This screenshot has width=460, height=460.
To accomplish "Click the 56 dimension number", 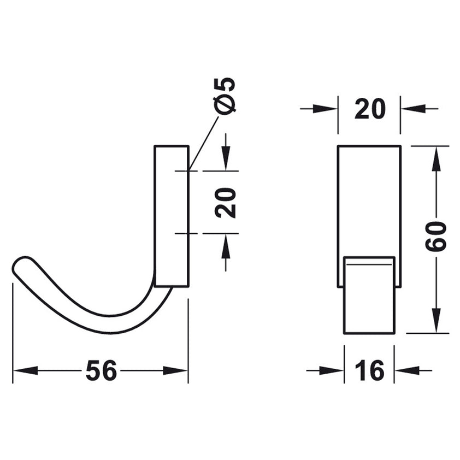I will [101, 371].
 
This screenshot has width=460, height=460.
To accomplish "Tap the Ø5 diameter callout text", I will [226, 95].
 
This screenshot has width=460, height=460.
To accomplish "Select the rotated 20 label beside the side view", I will [226, 202].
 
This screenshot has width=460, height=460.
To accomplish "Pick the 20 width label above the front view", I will [370, 109].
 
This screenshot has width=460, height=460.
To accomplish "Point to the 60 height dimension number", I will [436, 236].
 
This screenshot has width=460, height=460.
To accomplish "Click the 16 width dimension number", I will [370, 371].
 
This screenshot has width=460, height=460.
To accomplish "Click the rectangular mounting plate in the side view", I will [172, 216].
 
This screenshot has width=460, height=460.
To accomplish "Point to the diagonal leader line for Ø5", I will [203, 143].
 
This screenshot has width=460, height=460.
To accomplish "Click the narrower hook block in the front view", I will [369, 295].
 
